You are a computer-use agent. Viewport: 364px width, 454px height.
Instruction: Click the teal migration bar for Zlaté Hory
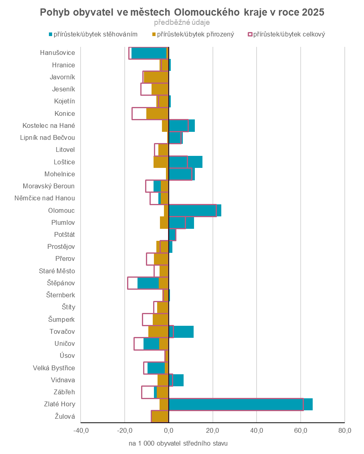click(241, 404)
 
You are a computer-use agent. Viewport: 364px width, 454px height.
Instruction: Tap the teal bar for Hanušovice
click(149, 53)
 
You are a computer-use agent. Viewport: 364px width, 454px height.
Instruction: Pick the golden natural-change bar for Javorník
click(156, 77)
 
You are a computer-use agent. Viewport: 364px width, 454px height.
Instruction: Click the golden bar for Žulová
click(160, 416)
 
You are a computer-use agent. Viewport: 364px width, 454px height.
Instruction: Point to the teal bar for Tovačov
click(183, 332)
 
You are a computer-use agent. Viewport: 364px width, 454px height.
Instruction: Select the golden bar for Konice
click(157, 113)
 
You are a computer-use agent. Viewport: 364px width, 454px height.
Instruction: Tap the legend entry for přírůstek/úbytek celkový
click(287, 34)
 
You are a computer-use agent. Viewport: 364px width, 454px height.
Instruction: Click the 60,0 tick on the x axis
click(301, 431)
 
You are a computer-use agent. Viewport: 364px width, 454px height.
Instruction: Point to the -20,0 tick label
click(124, 431)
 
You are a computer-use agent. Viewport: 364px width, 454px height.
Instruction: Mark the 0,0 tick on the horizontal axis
click(169, 431)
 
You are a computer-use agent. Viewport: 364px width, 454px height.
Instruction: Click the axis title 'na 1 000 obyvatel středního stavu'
click(178, 444)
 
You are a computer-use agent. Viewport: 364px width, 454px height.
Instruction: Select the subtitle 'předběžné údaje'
click(182, 23)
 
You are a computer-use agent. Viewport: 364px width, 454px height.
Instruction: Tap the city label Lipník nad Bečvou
click(47, 137)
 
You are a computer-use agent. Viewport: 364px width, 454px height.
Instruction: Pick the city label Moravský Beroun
click(49, 186)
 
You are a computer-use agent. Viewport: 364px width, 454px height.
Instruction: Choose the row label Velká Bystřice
click(54, 368)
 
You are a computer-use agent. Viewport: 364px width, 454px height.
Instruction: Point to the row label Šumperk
click(61, 319)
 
